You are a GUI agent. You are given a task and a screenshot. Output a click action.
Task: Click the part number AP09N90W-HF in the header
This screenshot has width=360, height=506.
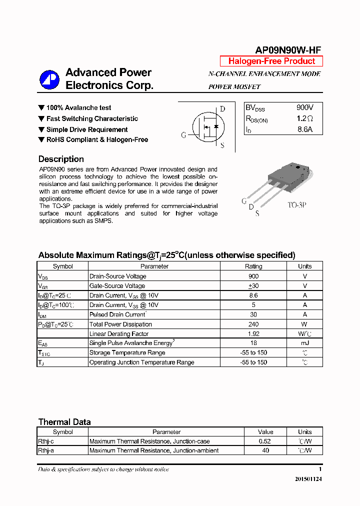click(x=288, y=49)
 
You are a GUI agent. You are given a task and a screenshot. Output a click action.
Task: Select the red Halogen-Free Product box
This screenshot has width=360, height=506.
click(x=271, y=61)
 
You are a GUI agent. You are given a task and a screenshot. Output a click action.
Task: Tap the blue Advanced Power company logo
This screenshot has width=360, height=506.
click(x=49, y=79)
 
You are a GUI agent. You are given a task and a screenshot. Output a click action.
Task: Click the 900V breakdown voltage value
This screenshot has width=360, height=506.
click(x=304, y=107)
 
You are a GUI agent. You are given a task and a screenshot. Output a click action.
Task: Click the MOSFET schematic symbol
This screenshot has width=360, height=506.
click(x=208, y=127)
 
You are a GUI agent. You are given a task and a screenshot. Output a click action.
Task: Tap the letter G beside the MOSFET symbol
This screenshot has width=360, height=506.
click(x=183, y=135)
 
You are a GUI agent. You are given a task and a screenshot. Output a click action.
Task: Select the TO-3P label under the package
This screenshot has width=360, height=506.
click(x=296, y=205)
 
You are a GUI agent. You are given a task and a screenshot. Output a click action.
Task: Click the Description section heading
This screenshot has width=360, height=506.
click(x=61, y=159)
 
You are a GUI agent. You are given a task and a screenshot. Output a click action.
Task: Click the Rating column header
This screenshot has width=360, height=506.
click(x=253, y=266)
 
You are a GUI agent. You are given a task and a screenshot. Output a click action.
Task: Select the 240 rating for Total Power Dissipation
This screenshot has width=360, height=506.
click(x=253, y=324)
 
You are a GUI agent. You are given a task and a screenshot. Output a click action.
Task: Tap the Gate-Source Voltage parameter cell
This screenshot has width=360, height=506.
click(x=117, y=286)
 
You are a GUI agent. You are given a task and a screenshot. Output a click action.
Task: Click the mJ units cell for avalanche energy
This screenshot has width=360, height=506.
click(x=304, y=343)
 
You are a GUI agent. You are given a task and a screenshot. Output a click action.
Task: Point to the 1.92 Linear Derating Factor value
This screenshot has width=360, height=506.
click(x=253, y=333)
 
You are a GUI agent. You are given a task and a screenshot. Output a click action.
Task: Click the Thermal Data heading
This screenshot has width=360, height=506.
click(x=64, y=422)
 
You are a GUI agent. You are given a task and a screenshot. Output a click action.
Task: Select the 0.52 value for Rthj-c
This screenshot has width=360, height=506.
click(x=265, y=441)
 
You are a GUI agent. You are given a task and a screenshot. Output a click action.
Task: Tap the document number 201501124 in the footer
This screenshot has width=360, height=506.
click(x=305, y=479)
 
